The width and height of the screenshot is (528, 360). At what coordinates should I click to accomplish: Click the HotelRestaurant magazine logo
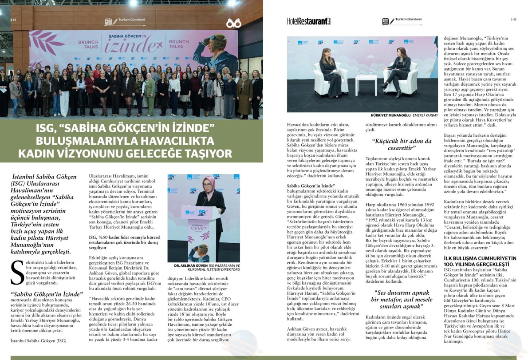(309, 21)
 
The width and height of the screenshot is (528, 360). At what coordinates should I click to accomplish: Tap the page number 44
(13, 20)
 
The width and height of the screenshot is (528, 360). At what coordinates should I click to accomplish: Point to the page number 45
(513, 20)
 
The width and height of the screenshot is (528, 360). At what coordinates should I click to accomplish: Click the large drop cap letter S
(17, 273)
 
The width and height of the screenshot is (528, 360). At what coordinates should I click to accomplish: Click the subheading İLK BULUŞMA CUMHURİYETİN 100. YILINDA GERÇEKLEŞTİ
(480, 261)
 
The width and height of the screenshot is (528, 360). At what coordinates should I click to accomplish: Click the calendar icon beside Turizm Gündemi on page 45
(385, 21)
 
